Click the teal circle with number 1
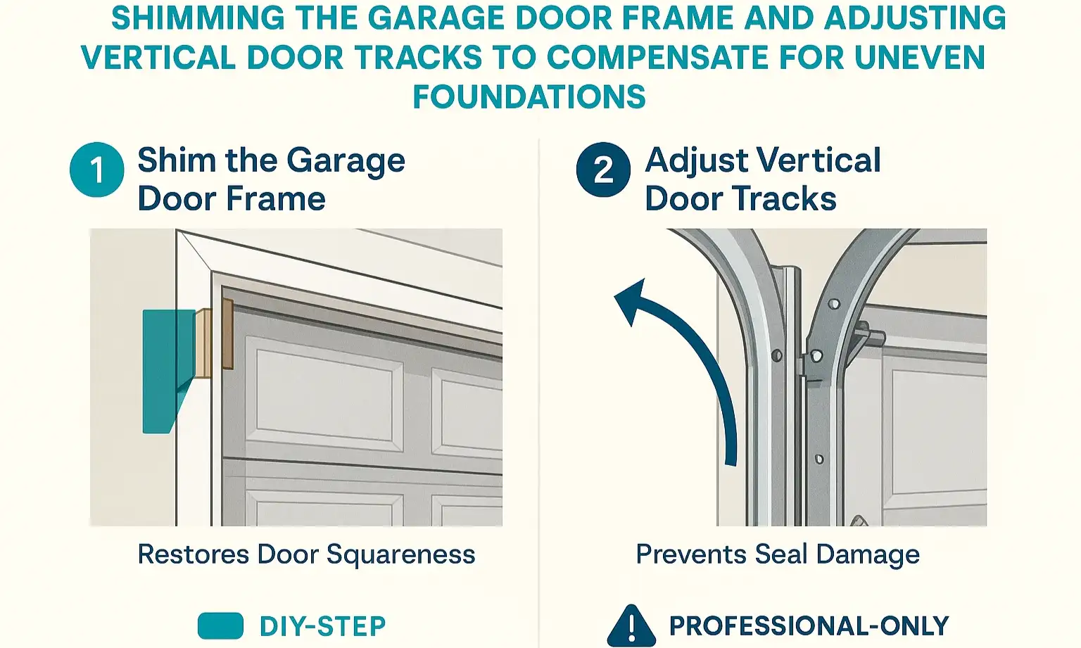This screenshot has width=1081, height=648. point(97,170)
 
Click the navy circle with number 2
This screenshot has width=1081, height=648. point(603,170)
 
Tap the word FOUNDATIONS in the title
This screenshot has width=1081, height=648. point(529,97)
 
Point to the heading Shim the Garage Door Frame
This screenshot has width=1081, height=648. point(271,179)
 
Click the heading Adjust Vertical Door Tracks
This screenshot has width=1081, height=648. point(762,179)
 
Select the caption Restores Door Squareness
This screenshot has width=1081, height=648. point(306,554)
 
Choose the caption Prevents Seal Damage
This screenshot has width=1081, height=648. point(778,554)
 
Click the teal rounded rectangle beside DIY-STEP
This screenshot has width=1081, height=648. point(220,625)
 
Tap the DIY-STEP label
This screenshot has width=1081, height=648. point(322,626)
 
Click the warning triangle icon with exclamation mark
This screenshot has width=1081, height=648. point(631,625)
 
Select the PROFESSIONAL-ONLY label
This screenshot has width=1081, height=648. point(809,625)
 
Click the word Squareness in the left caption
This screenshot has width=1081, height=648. point(400,554)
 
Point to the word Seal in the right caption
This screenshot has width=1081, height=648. point(781,554)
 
